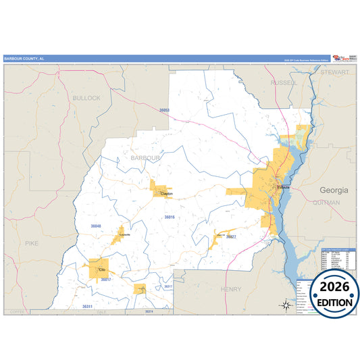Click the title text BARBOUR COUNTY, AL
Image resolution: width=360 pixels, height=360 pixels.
pyautogui.click(x=24, y=59)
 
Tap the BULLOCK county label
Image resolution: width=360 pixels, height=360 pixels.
pyautogui.click(x=86, y=98)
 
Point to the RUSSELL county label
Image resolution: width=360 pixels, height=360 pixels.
pyautogui.click(x=283, y=82)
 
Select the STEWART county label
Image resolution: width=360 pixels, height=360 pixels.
pyautogui.click(x=335, y=71)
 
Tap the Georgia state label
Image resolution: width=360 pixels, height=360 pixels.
pyautogui.click(x=334, y=190)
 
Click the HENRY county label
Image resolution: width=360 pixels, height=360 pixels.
pyautogui.click(x=231, y=288)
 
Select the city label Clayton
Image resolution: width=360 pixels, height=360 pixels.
pyautogui.click(x=166, y=194)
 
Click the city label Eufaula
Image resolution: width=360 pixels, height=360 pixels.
pyautogui.click(x=284, y=186)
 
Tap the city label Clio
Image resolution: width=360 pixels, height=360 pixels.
pyautogui.click(x=101, y=269)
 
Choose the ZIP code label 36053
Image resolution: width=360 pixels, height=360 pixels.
pyautogui.click(x=164, y=109)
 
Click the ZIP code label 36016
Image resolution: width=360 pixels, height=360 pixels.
pyautogui.click(x=169, y=217)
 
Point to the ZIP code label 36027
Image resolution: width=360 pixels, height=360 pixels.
pyautogui.click(x=231, y=237)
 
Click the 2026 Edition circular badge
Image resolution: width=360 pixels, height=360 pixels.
pyautogui.click(x=335, y=294)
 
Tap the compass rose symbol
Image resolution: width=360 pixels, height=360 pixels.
pyautogui.click(x=286, y=305)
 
